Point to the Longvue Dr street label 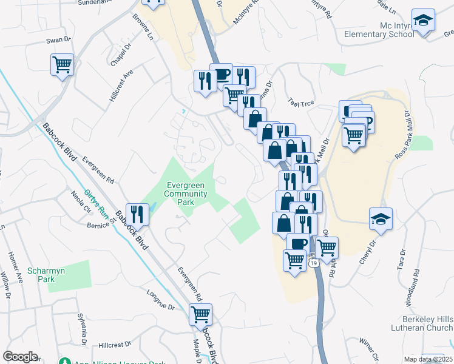[160, 301]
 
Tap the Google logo [20, 357]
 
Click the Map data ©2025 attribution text [428, 359]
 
